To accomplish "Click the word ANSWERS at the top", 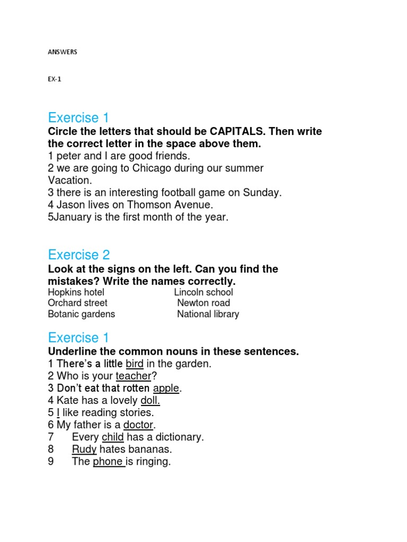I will click(63, 52).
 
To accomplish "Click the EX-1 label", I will click(55, 79).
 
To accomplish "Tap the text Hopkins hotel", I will click(76, 292).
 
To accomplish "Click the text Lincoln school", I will click(203, 292).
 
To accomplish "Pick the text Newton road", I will click(203, 303).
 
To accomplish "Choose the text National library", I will click(208, 314).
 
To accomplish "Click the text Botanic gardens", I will click(81, 314).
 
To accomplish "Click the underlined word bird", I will click(135, 364).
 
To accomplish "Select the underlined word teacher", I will click(134, 376).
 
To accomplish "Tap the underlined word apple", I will click(166, 388).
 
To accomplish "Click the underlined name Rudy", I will click(84, 449).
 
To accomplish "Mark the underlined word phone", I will click(108, 462).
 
